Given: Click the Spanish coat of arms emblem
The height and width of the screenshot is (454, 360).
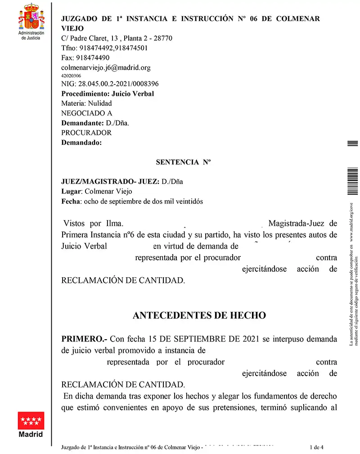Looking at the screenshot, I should click(31, 17).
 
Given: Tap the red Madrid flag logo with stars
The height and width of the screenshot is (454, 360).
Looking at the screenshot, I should click(31, 421).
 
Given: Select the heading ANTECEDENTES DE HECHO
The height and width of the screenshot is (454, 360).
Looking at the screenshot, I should click(199, 315).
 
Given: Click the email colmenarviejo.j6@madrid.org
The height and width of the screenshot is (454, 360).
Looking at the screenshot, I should click(106, 67).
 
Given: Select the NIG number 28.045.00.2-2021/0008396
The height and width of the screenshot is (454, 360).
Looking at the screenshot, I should click(110, 84).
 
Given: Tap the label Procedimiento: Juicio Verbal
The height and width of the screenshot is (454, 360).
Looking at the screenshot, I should click(108, 94).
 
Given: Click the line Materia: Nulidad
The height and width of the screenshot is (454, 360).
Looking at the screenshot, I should click(86, 103).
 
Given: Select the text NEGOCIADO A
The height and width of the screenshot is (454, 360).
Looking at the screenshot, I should click(86, 113).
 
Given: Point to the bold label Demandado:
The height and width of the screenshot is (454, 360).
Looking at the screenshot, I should click(81, 143).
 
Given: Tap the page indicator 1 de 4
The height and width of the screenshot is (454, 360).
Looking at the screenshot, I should click(317, 447).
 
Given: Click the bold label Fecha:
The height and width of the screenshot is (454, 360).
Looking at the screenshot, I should click(71, 201).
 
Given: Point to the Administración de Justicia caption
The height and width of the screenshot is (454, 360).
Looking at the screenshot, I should click(31, 36).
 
